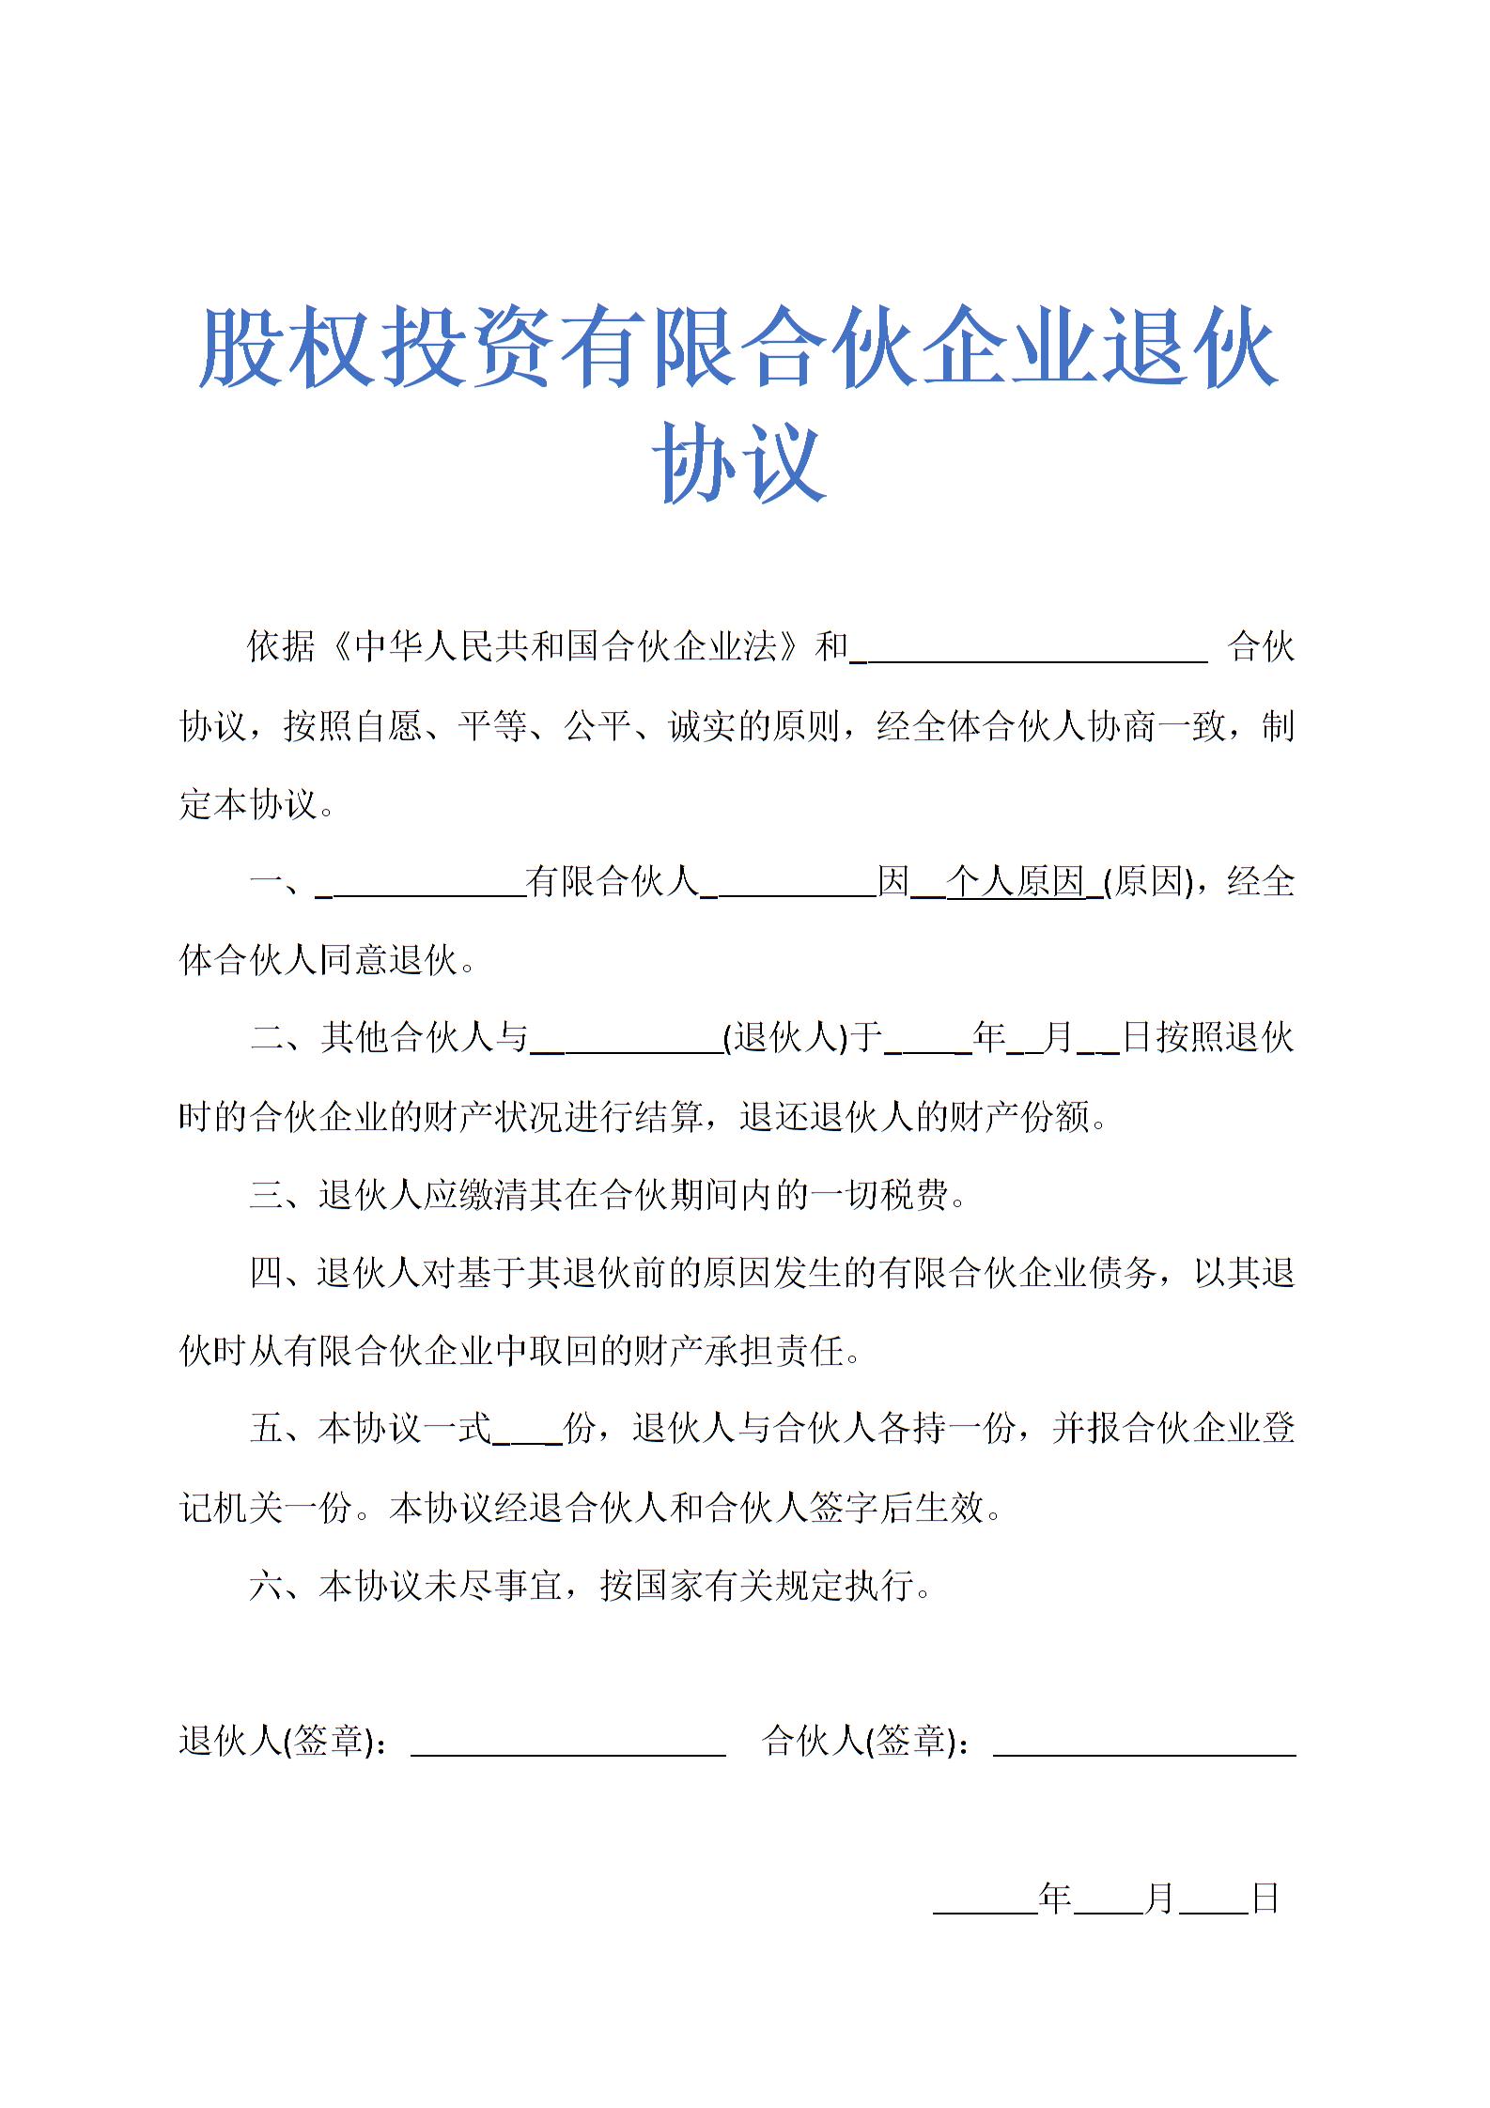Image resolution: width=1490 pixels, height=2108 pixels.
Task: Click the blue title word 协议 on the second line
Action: coord(740,462)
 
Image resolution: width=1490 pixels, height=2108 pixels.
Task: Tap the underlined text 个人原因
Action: coord(1016,881)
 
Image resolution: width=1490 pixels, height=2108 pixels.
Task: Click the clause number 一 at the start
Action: coord(266,882)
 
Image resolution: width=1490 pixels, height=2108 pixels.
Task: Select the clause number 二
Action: coord(266,1038)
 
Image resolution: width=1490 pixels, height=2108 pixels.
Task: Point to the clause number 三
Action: coord(266,1195)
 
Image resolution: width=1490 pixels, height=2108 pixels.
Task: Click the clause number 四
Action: coord(266,1273)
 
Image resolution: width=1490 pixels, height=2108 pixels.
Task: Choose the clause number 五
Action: coord(266,1429)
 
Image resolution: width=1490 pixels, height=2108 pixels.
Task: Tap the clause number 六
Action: coord(266,1586)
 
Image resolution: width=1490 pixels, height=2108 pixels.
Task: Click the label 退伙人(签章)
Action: coord(281,1741)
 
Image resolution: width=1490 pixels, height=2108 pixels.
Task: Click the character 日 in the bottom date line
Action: coord(1265,1899)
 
